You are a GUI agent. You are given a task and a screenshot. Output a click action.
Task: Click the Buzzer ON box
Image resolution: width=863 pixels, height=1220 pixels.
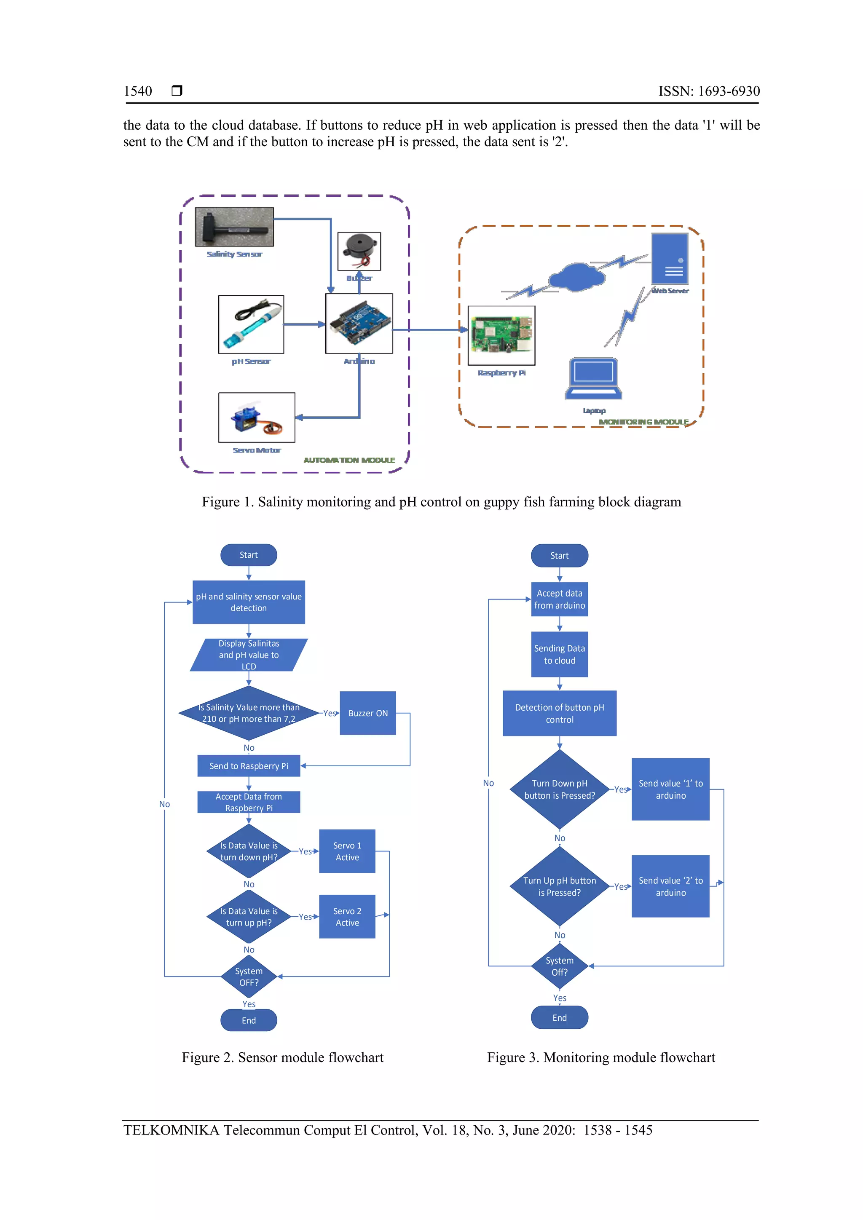point(368,713)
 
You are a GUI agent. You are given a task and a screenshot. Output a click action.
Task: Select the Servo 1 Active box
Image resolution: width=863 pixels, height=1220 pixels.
point(347,851)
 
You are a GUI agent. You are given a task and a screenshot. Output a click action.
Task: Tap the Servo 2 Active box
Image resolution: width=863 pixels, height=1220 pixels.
point(347,917)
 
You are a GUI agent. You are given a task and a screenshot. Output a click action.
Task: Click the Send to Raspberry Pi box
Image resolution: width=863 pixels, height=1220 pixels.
point(249,766)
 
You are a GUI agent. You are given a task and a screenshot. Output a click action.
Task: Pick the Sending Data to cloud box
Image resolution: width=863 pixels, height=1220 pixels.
point(560,654)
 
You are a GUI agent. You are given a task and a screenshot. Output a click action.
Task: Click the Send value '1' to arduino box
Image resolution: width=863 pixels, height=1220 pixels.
point(670,789)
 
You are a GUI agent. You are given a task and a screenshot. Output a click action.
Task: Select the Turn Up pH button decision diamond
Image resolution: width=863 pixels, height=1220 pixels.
point(559,886)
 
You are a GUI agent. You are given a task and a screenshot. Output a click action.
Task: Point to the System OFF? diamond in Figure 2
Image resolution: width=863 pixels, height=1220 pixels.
point(249,977)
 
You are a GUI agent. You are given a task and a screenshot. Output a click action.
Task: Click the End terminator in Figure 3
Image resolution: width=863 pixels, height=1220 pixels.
point(560,1017)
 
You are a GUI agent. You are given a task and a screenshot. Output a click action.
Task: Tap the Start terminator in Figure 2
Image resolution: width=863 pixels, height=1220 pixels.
point(249,555)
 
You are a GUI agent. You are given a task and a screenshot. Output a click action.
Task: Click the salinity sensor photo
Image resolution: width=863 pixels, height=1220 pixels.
point(234,227)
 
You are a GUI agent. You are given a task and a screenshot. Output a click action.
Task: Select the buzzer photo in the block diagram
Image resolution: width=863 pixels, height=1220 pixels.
point(359,251)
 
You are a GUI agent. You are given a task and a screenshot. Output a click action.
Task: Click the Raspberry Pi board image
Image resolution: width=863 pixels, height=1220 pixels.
point(501,335)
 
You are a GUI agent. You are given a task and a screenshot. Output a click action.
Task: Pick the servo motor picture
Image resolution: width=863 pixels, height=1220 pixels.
point(256,417)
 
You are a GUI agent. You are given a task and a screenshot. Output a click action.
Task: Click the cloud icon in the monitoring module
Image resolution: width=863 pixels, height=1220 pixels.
point(576,277)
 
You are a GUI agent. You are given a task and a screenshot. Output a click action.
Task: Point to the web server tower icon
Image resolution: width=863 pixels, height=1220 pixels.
point(670,260)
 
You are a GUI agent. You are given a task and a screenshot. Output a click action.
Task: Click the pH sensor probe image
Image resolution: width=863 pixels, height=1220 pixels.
point(251,324)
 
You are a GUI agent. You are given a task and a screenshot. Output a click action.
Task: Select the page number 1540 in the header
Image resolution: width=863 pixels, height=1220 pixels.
point(138,91)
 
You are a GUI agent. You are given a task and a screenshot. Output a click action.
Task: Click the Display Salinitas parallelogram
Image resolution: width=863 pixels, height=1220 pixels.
point(249,655)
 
